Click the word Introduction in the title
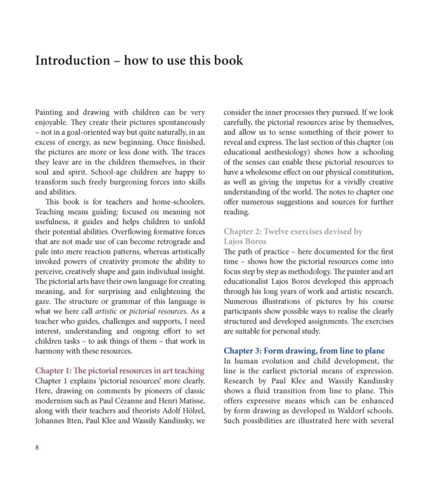click(x=72, y=61)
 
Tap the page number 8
click(x=37, y=448)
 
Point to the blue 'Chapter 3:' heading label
click(x=242, y=351)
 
